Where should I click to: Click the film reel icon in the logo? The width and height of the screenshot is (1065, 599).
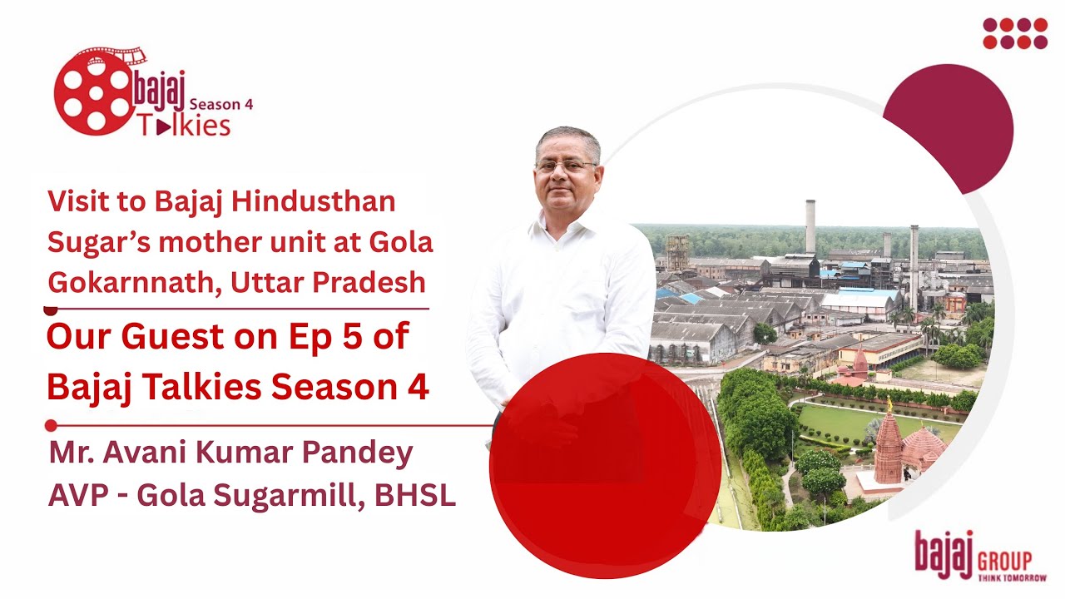[x=94, y=92]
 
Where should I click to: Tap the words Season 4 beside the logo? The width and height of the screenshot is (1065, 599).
[x=221, y=105]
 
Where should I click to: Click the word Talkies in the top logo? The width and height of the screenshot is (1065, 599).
[x=185, y=126]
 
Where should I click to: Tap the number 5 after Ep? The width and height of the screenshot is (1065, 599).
[x=361, y=338]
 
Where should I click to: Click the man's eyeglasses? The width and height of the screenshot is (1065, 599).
[x=566, y=166]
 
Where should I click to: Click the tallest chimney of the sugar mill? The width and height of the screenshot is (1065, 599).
[x=810, y=226]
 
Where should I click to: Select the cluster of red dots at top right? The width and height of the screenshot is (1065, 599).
[x=1015, y=33]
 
